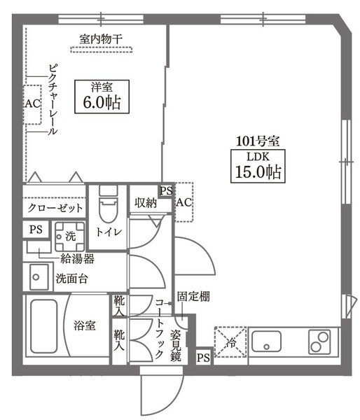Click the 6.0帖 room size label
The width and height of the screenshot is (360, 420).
[x=102, y=102]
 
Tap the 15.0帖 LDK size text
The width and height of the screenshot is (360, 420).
[x=258, y=171]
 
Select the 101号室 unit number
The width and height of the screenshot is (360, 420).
[x=258, y=141]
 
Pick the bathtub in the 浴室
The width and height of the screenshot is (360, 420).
[x=43, y=326]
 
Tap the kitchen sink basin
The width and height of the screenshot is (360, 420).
[x=266, y=342]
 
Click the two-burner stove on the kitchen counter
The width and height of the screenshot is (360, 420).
[x=319, y=342]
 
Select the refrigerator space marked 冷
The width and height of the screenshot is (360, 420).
[x=230, y=342]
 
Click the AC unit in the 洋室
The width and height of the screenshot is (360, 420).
[x=32, y=104]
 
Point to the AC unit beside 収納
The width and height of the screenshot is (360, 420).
[x=184, y=202]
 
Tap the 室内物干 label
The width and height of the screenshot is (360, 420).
[x=101, y=39]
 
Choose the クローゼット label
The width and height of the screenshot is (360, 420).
[x=55, y=208]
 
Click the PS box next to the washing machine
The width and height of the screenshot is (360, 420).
[x=36, y=230]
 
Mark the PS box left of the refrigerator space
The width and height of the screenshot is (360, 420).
[x=203, y=357]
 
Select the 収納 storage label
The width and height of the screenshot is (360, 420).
[x=146, y=203]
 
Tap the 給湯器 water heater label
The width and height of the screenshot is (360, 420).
[x=77, y=259]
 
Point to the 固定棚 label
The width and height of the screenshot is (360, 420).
[x=193, y=297]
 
